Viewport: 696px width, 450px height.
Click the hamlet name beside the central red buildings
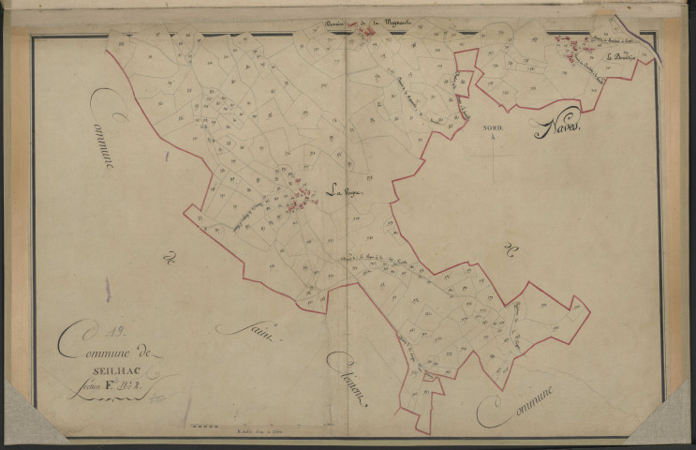(x=342, y=192)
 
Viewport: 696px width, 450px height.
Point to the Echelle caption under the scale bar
(x=247, y=430)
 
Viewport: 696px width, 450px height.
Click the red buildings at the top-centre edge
(x=368, y=33)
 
